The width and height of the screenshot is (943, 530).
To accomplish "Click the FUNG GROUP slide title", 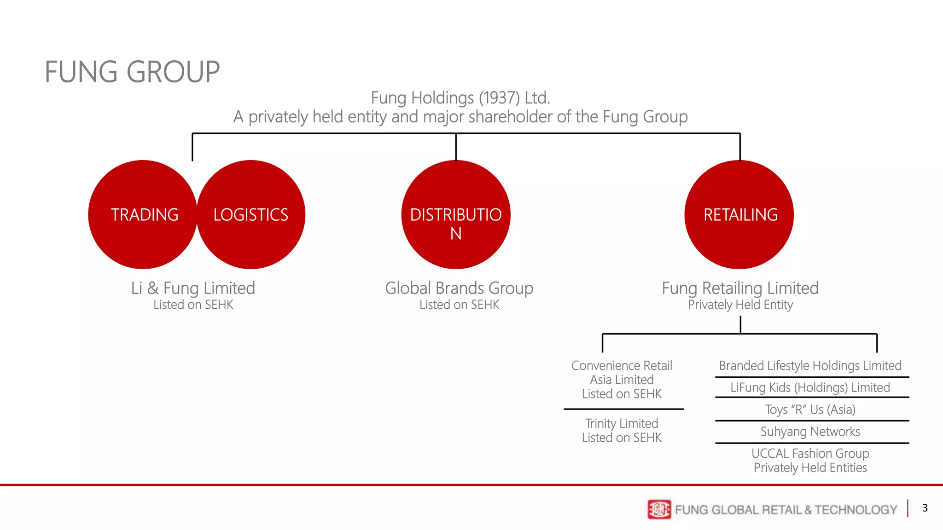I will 132,72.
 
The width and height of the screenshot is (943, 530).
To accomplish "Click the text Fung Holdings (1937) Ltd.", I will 460,98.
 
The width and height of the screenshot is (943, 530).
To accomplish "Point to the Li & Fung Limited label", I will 193,288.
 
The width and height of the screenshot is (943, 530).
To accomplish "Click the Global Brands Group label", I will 459,288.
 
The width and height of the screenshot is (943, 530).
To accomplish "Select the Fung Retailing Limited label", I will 740,288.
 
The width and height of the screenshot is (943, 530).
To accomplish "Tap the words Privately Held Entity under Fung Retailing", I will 740,305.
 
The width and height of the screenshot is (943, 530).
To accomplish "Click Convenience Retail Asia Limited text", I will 622,373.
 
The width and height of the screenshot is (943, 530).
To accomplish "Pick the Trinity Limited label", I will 622,423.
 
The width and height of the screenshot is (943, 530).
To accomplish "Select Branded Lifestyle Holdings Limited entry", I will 810,366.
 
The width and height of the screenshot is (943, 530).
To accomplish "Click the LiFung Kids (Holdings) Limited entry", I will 810,388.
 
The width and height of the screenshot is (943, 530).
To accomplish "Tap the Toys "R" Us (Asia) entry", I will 810,409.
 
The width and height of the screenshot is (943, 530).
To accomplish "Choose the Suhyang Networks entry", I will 810,432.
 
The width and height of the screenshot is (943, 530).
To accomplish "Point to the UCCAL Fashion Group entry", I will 810,454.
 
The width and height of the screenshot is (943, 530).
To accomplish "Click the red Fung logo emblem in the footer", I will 659,509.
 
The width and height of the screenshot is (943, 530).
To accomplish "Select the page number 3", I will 925,508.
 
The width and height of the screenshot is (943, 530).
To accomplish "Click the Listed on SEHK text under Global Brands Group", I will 459,305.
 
